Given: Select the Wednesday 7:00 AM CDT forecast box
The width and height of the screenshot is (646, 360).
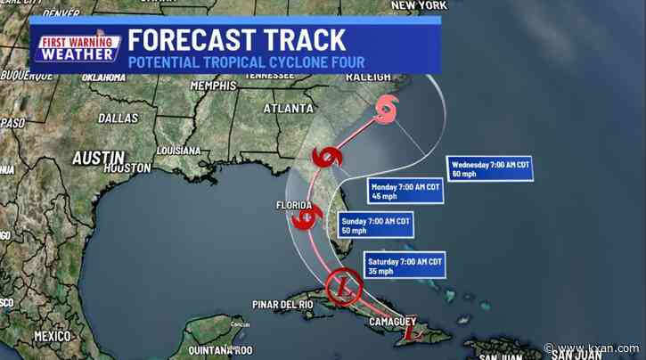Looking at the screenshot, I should pyautogui.click(x=489, y=168).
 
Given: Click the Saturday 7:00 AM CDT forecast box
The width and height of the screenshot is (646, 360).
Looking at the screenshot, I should pyautogui.click(x=404, y=266).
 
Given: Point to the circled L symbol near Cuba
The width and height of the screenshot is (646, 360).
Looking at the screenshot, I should pyautogui.click(x=341, y=287).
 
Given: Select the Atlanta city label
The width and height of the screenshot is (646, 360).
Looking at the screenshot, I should pyautogui.click(x=285, y=108).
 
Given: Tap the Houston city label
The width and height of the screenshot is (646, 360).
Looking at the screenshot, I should pyautogui.click(x=127, y=167).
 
